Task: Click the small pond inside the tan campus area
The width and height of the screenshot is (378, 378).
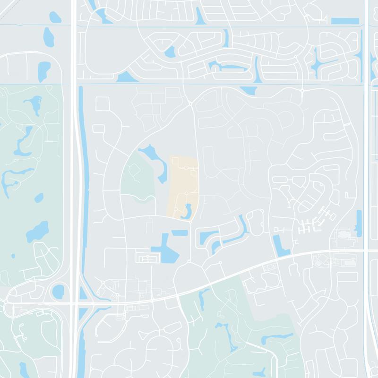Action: coord(188,210)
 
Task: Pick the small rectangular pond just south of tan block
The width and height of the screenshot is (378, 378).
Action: coord(180,232)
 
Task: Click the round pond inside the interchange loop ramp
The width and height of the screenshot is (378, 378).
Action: coord(58,291)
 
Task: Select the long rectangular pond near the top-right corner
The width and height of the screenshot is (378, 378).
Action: coord(345,21)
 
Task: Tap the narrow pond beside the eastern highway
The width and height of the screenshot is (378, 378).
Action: coord(359,223)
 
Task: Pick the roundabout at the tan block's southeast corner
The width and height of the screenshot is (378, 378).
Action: coord(189,221)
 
